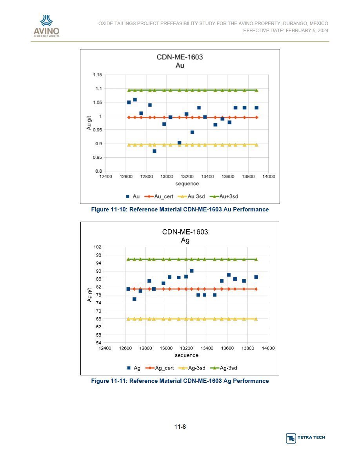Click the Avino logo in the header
tap(47, 26)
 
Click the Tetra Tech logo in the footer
tap(305, 438)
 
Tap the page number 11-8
tap(180, 427)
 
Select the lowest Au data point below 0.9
tap(155, 151)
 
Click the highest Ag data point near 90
tap(192, 271)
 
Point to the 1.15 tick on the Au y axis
tap(97, 75)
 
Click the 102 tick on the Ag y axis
tap(97, 247)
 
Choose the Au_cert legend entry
tap(159, 197)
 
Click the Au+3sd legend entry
tap(224, 197)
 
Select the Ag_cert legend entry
tap(160, 368)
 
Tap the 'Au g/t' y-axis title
tap(89, 123)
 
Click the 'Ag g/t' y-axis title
tap(89, 295)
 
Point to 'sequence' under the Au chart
tap(187, 184)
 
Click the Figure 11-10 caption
tap(180, 209)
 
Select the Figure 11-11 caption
tap(180, 381)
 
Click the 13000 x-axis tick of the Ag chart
tap(166, 348)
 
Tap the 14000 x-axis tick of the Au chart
tap(269, 177)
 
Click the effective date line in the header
tap(286, 30)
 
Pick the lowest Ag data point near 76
tap(134, 299)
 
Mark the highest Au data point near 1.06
tap(135, 100)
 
